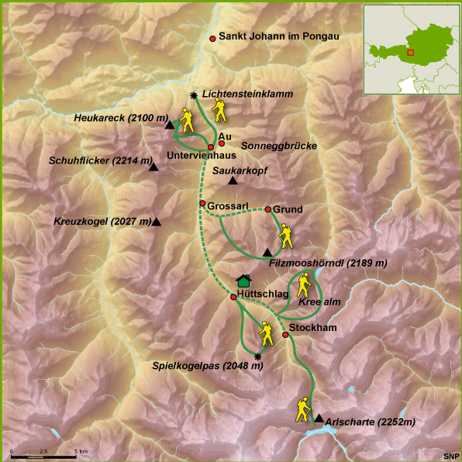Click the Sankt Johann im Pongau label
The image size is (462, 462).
point(280,36)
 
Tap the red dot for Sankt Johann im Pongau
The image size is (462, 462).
point(213,37)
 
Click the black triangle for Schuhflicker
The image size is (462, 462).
point(153,167)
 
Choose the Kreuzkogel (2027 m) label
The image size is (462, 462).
point(103,222)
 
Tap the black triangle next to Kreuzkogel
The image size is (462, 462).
point(157,222)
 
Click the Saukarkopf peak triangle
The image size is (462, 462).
point(233,181)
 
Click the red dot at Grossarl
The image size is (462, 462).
point(202,204)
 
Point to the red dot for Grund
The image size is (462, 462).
point(267,209)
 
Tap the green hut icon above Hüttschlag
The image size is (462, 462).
point(244,280)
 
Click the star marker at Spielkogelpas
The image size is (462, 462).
point(258,356)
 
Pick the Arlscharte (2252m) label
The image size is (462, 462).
point(371,422)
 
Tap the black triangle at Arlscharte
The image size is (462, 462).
point(318,419)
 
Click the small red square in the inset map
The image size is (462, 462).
point(411,53)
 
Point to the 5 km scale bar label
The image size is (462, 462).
point(81,451)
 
